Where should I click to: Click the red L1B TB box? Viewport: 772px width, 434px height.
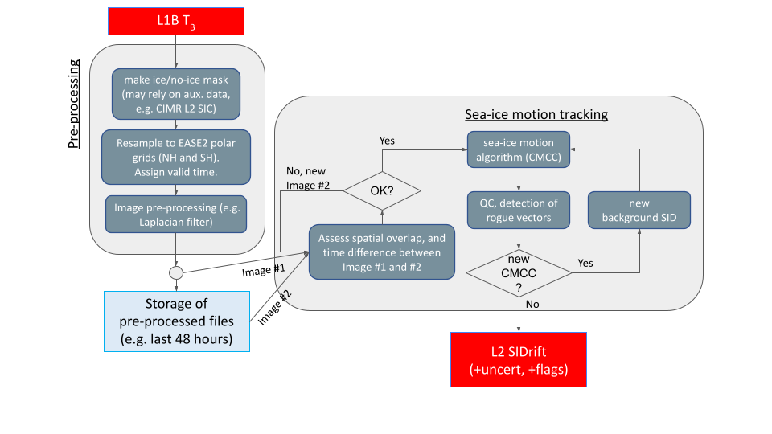(175, 22)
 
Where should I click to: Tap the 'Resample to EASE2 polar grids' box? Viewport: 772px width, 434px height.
(175, 156)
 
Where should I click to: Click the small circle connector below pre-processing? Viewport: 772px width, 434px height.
(175, 273)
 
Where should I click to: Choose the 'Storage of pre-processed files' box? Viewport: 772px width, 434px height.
(177, 321)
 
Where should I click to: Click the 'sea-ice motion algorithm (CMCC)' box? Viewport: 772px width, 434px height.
(519, 149)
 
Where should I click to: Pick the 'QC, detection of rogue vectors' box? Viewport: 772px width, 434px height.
(519, 211)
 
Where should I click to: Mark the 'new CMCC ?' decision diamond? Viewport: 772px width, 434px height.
(519, 273)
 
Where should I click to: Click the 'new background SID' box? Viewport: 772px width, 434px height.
(639, 211)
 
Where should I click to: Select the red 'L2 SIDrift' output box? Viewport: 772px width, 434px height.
(519, 360)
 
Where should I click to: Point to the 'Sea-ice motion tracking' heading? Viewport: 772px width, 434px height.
(536, 115)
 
